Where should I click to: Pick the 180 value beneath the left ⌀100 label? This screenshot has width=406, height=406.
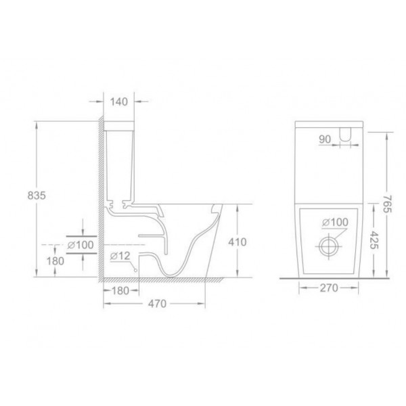[x=55, y=261]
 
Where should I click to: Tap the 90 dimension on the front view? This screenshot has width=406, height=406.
[x=325, y=140]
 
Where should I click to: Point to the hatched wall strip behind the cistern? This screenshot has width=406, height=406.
[x=99, y=203]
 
